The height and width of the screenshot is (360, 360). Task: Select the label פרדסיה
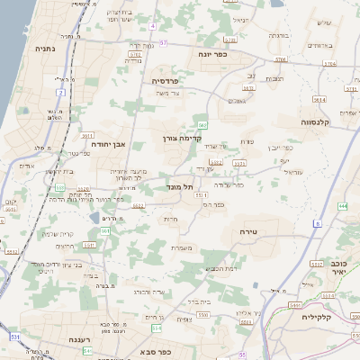pos(165,80)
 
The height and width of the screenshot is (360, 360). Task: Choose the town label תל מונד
pos(181,187)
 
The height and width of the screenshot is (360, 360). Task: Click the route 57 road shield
pos(164,41)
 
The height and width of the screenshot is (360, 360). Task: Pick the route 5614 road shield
pos(319,99)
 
